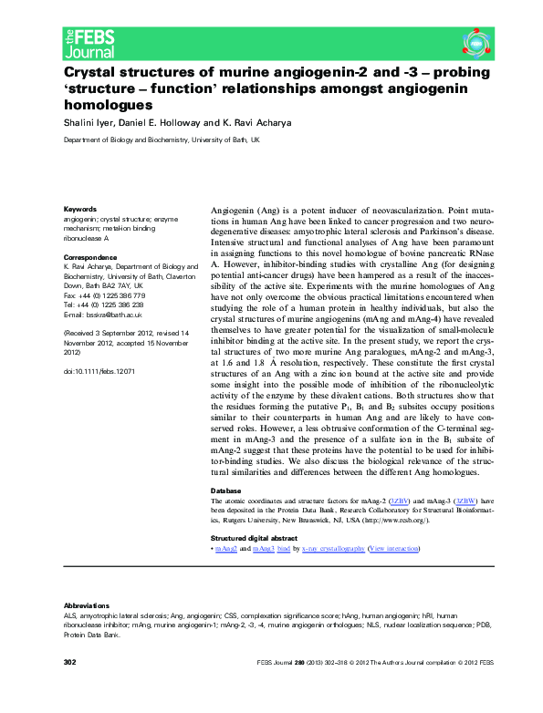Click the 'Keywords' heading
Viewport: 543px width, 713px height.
(80, 209)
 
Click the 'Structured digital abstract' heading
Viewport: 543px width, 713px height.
(259, 539)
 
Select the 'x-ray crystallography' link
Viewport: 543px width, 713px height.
(335, 550)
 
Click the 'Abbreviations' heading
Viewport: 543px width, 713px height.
(86, 605)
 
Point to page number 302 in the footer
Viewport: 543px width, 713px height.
(69, 686)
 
